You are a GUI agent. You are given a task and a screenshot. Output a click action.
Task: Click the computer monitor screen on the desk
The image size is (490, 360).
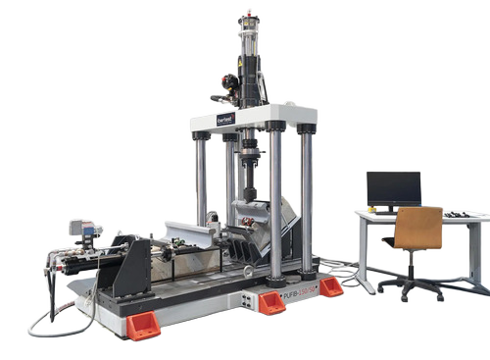click(394, 188)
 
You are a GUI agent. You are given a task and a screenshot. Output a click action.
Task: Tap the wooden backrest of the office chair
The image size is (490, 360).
click(418, 229)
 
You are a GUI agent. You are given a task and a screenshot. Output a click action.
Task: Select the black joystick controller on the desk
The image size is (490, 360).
click(456, 213)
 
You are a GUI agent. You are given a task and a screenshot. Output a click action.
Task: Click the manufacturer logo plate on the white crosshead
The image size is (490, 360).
click(226, 119)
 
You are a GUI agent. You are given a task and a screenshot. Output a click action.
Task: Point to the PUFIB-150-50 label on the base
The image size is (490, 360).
click(293, 297)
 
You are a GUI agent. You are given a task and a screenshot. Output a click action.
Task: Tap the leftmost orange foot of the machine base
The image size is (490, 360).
click(143, 325)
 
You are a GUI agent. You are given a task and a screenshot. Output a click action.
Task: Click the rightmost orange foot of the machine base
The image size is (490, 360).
click(331, 287)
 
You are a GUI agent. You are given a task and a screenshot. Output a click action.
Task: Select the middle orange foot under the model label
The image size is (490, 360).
click(269, 302)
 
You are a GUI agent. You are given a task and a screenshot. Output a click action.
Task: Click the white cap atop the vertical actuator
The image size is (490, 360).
click(250, 19)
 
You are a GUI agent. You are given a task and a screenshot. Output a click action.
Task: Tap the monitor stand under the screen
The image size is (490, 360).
click(393, 210)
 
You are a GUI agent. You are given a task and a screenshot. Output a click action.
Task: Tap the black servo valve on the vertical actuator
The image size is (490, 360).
click(229, 83)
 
